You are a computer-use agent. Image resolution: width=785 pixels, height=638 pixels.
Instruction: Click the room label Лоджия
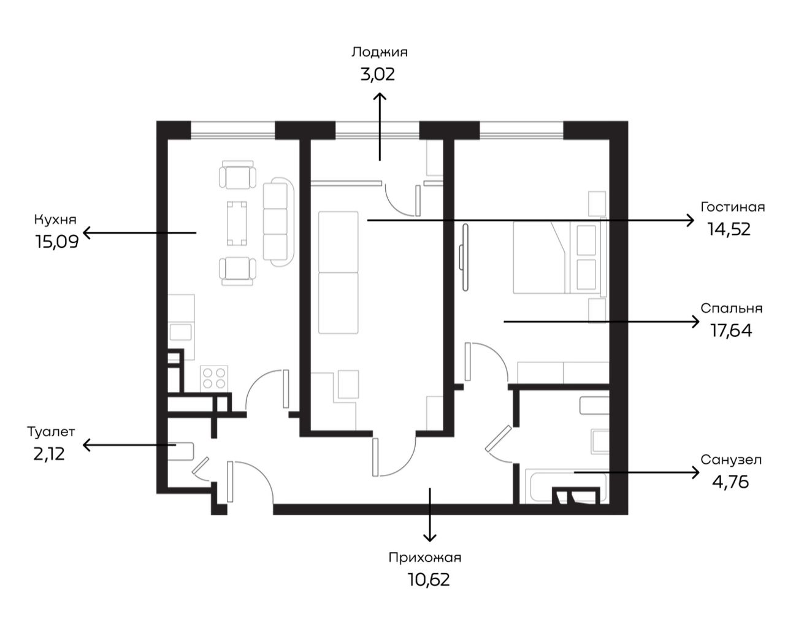(x=379, y=53)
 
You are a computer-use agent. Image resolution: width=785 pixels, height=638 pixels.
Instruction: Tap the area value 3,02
(x=377, y=74)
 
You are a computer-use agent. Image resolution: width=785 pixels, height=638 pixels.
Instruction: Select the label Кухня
(x=55, y=220)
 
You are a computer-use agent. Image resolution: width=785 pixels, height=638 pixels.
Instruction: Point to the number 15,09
(x=57, y=242)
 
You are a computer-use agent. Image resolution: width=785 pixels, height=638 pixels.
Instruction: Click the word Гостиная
(x=733, y=207)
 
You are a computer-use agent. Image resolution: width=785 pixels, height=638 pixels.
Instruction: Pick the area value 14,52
(x=729, y=229)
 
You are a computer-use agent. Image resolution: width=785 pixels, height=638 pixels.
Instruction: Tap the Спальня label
(x=732, y=308)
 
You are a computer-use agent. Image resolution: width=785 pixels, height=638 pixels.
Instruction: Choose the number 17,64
(x=731, y=330)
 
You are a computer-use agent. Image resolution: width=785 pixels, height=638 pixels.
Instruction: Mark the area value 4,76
(x=730, y=482)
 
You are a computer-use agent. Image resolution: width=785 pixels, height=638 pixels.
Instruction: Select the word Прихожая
(x=425, y=558)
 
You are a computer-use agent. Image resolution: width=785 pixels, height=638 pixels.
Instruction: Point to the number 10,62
(x=429, y=580)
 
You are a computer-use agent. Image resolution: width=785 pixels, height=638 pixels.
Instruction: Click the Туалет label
(x=52, y=432)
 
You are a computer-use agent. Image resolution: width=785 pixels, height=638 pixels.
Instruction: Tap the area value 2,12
(x=49, y=454)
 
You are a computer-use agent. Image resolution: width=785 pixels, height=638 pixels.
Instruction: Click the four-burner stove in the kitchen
(x=214, y=378)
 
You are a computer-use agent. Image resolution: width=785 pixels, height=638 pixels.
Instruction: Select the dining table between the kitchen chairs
(x=237, y=223)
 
